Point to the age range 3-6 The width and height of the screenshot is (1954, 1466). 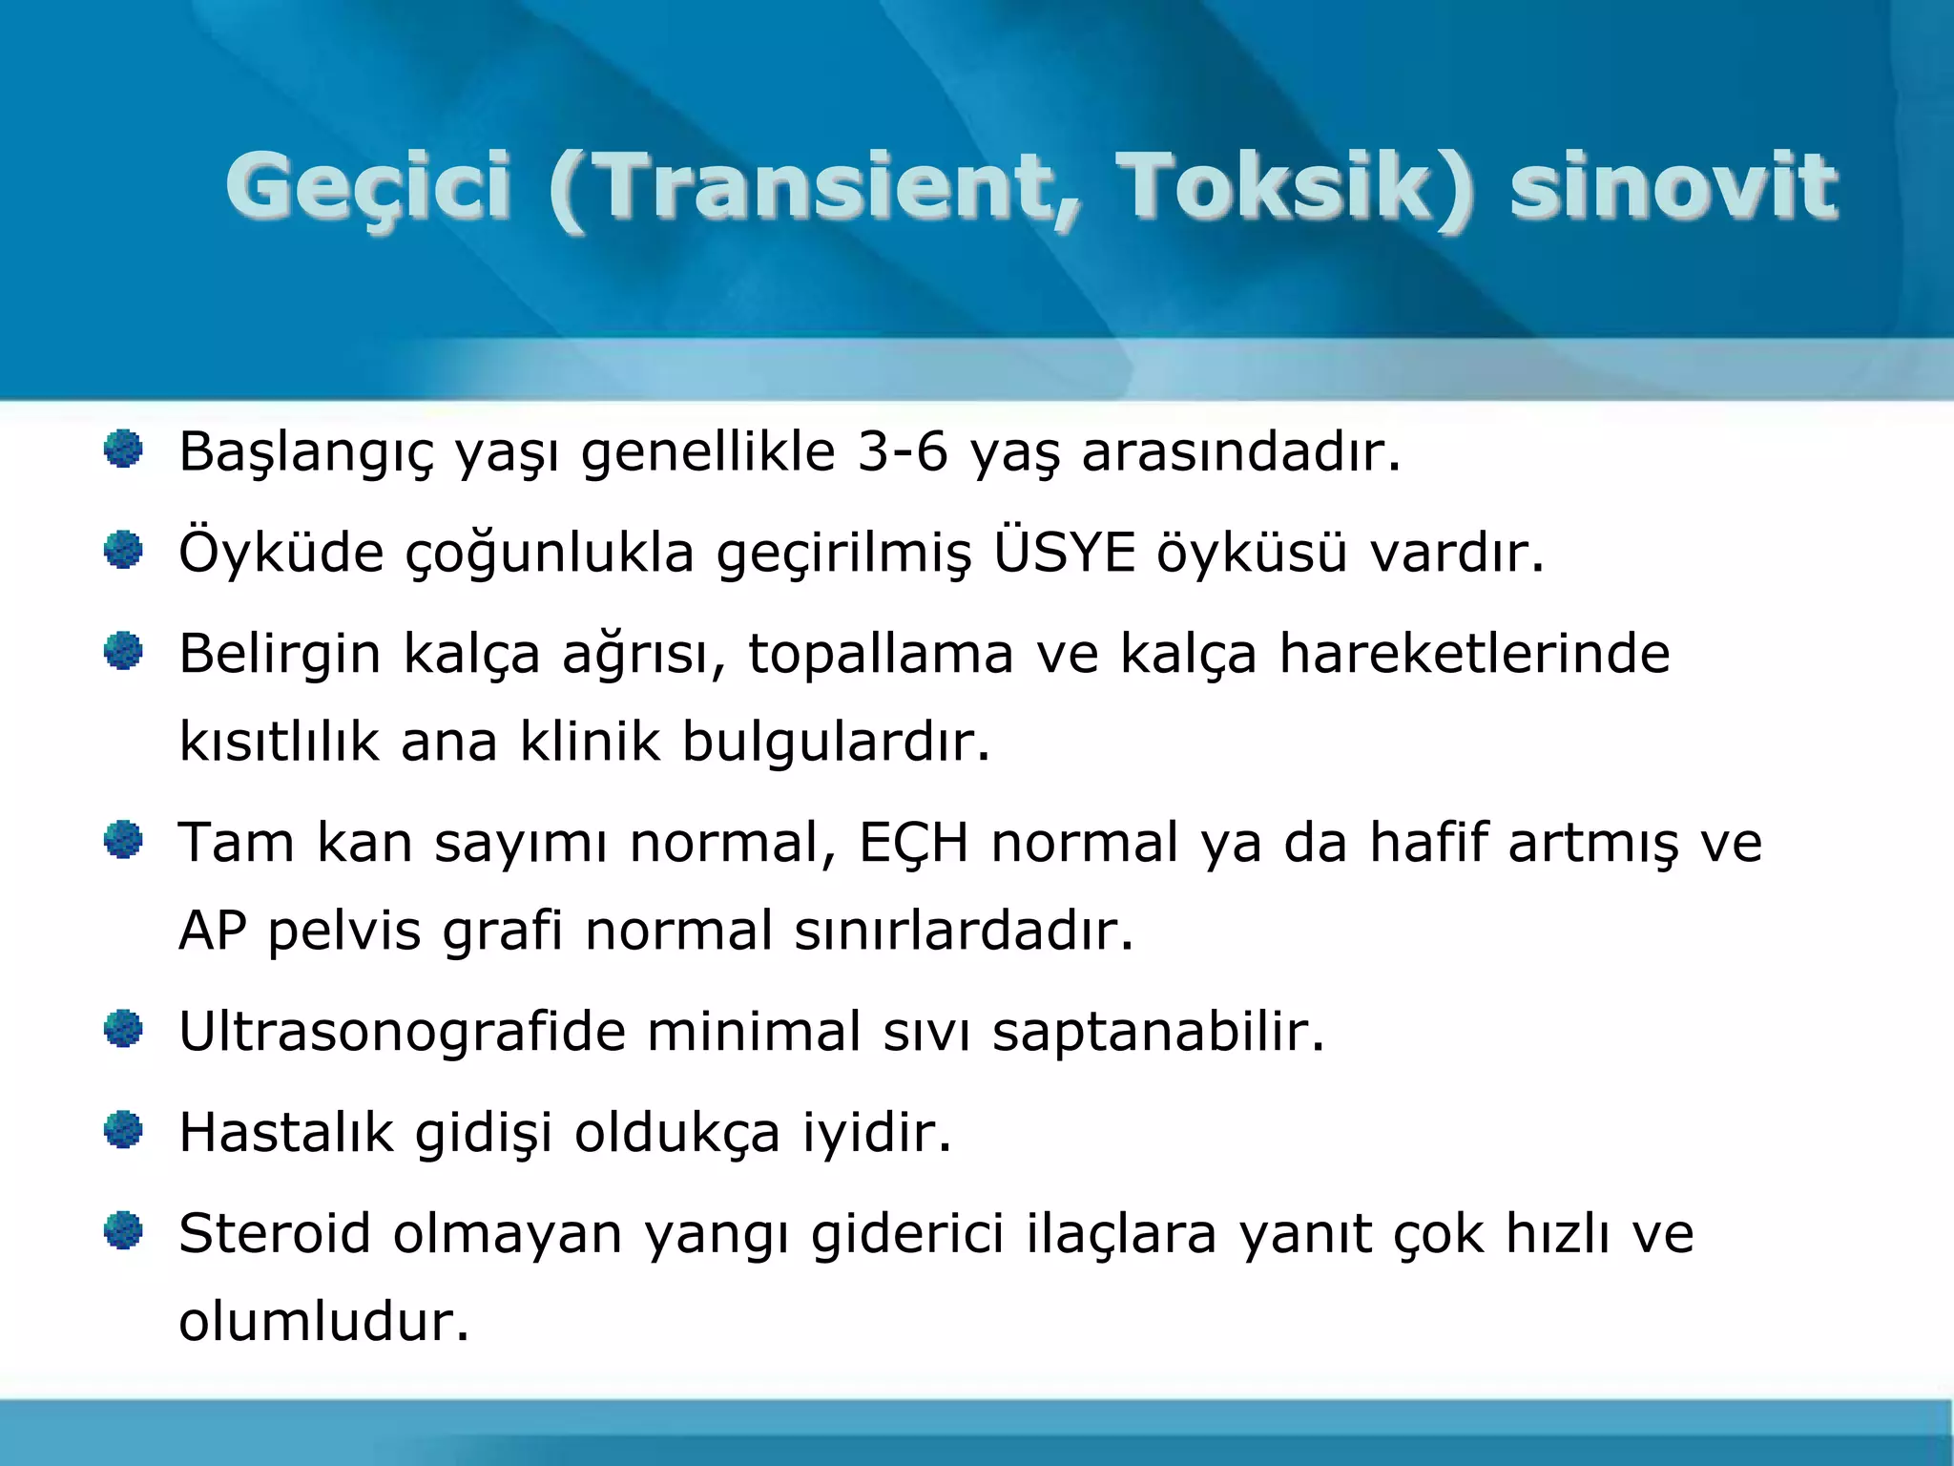903,451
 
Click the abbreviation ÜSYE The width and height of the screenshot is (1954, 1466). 1065,553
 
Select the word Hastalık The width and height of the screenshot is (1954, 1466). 286,1133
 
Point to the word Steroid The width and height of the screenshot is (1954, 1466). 275,1233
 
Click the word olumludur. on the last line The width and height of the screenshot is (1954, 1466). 324,1322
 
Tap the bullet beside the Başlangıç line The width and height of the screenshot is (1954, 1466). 123,449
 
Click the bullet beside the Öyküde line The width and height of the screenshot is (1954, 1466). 123,550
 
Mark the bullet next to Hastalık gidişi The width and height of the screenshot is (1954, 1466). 123,1131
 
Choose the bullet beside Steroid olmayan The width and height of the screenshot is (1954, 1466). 123,1231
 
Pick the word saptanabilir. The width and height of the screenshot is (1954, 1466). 1159,1032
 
